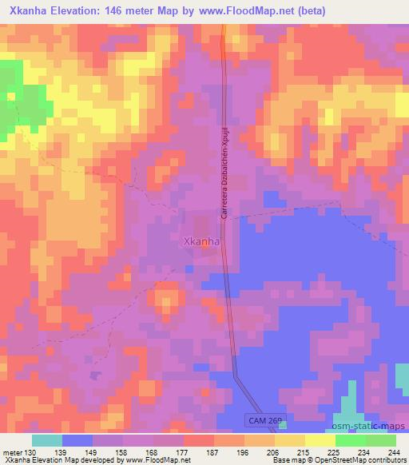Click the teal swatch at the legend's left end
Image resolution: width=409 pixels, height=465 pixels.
pyautogui.click(x=47, y=440)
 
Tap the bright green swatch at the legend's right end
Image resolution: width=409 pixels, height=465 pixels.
pyautogui.click(x=380, y=440)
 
